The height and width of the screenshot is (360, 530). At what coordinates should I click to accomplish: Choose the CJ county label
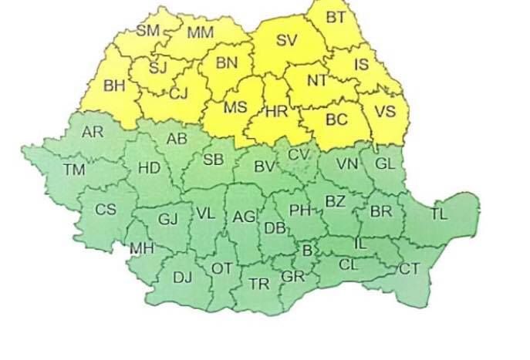(178, 93)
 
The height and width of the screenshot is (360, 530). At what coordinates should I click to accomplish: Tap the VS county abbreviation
(384, 111)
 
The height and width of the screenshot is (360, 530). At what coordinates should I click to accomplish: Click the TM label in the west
(75, 169)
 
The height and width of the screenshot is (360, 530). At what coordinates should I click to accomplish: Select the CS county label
(105, 209)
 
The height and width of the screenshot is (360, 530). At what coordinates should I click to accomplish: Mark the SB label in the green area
(213, 160)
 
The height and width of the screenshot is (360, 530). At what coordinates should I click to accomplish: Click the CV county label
(298, 154)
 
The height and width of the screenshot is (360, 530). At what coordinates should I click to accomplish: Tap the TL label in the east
(438, 214)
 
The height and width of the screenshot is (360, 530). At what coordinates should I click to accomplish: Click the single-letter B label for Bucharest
(307, 249)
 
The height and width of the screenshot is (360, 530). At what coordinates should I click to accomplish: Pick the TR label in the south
(259, 284)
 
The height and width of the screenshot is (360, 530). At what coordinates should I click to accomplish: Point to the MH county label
(141, 248)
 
